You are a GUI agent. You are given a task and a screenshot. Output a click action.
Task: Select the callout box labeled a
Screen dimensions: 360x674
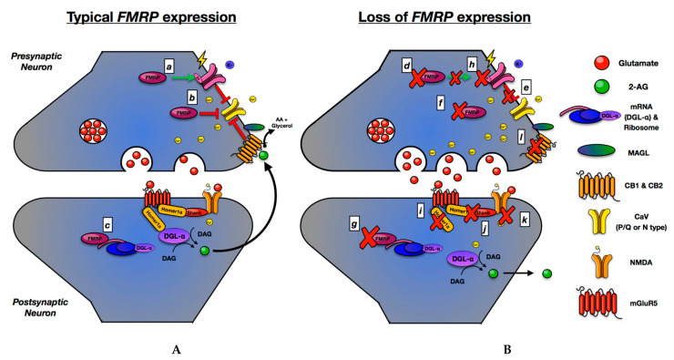[168, 66]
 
